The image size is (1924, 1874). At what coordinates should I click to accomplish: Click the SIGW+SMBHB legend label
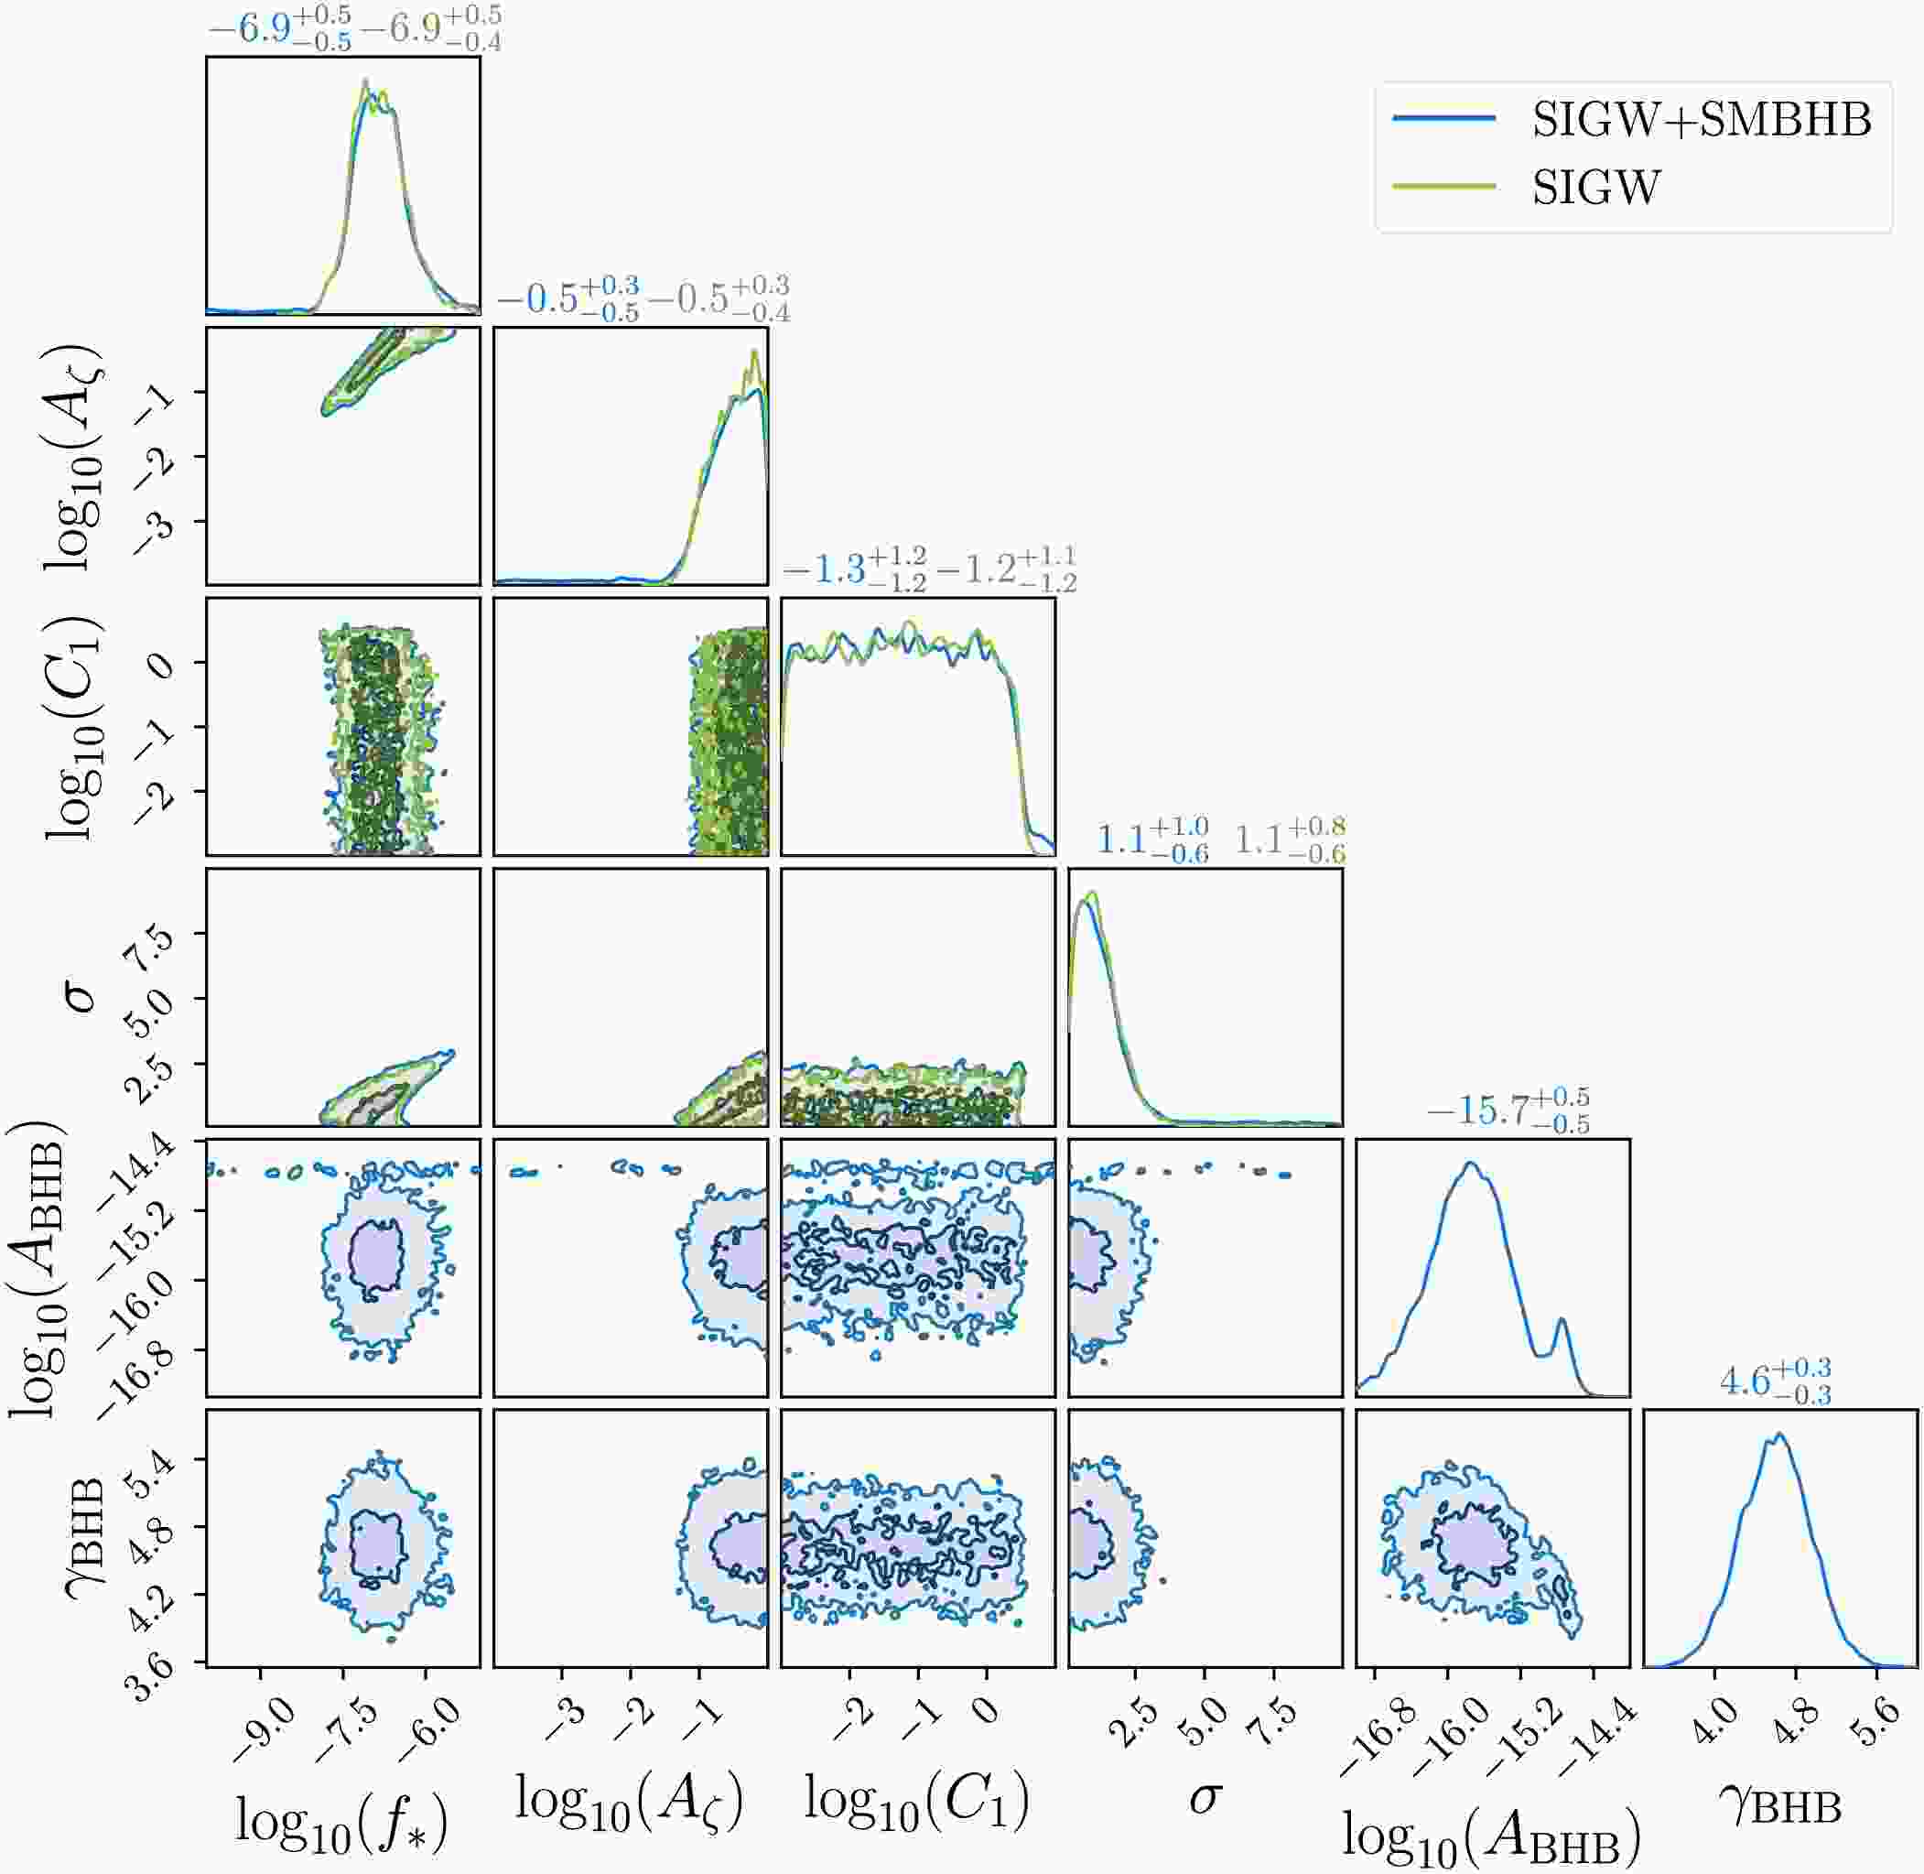(1702, 120)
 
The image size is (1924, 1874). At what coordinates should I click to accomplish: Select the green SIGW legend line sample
(1443, 186)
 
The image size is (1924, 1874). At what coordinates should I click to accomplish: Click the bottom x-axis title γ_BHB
(1780, 1806)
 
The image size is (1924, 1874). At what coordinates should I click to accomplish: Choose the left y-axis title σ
(81, 997)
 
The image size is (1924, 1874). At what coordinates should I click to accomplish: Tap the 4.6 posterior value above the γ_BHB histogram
(1745, 1381)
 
